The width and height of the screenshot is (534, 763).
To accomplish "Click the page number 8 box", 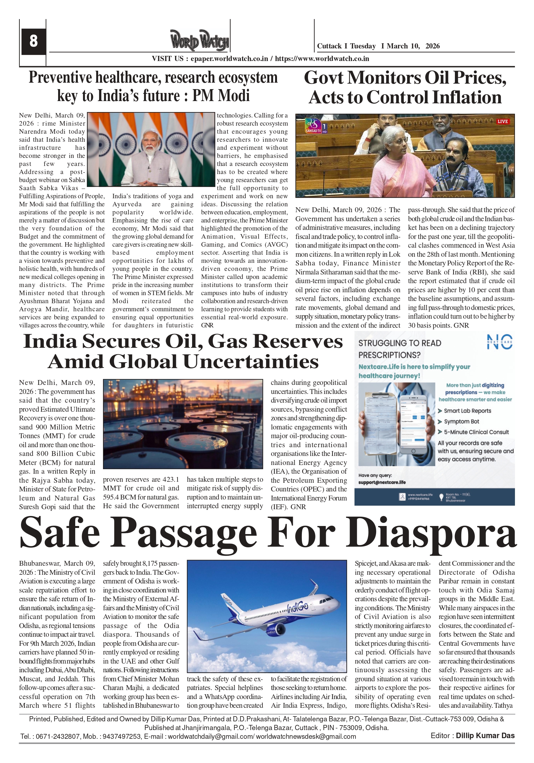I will click(x=33, y=41).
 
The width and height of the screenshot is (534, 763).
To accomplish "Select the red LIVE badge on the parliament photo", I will click(x=502, y=121).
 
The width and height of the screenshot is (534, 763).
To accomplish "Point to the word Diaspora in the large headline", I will click(x=431, y=534).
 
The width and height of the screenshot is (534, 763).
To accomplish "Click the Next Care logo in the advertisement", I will click(x=499, y=342).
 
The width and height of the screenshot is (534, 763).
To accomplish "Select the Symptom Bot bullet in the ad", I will click(x=462, y=421).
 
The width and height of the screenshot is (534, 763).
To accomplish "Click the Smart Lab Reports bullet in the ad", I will click(x=467, y=411).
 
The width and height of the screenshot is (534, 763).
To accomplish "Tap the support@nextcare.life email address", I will click(x=382, y=482).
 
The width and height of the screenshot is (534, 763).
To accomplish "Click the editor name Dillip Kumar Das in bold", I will click(x=485, y=736).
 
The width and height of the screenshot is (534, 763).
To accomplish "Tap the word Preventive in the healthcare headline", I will click(x=60, y=77).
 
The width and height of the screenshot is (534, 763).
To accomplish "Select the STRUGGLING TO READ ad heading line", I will click(x=399, y=343).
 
